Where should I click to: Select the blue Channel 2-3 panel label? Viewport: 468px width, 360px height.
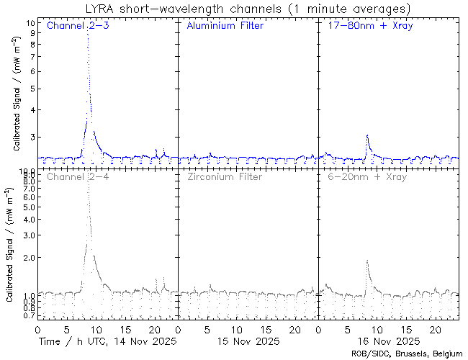(78, 26)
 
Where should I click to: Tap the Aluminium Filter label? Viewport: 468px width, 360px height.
(225, 26)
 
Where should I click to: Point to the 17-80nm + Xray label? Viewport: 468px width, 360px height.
(367, 26)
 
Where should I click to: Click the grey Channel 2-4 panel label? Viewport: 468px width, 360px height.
(78, 176)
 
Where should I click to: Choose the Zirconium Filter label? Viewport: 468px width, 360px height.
(225, 176)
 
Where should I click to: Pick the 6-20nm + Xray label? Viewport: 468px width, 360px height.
(367, 176)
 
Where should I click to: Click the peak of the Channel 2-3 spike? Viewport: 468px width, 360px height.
(88, 31)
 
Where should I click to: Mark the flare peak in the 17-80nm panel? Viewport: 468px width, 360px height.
(367, 135)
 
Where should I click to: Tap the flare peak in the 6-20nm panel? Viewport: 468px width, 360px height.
(367, 261)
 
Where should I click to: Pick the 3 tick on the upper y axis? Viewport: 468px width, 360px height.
(32, 137)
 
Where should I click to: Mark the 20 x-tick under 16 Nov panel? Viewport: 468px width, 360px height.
(435, 328)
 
